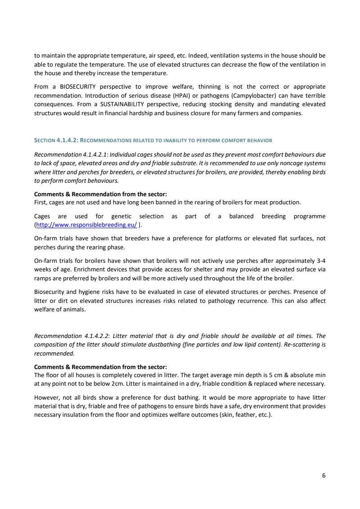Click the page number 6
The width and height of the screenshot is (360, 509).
324,475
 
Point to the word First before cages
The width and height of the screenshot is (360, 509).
41,202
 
